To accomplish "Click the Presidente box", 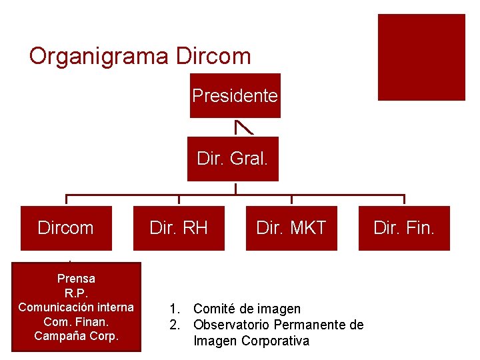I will (x=235, y=95).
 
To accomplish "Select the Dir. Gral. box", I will (x=233, y=159).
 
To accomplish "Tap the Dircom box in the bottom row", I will (x=65, y=228).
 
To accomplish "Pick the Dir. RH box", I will (x=179, y=228).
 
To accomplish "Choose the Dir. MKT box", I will (x=291, y=228).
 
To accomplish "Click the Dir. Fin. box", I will (x=404, y=228).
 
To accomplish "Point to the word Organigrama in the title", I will (x=99, y=56).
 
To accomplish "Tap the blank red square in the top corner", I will (x=421, y=57).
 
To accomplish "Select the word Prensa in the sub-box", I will (x=76, y=278).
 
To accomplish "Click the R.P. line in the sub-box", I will (x=76, y=293).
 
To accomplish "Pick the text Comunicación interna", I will (x=76, y=307).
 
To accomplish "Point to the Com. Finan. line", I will (x=76, y=321).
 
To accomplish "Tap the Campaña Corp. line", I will (x=76, y=335).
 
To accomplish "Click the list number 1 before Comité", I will (x=174, y=309).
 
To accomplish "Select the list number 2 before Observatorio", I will (x=174, y=325).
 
